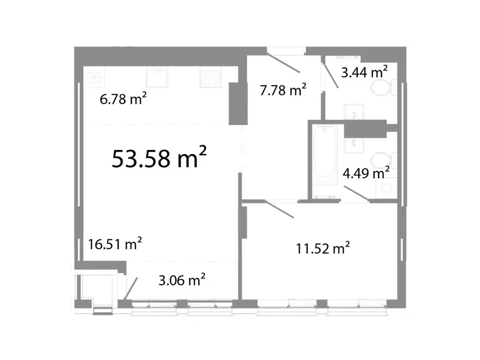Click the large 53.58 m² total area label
coord(159,158)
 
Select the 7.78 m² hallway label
coord(283,90)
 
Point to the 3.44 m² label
coord(364,72)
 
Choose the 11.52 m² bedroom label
coord(323,248)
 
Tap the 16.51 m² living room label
coord(115,244)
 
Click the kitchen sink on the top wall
coord(156,77)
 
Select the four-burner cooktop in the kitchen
coord(210,78)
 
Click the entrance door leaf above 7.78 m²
coord(285,64)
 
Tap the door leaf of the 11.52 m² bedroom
coord(279,209)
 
